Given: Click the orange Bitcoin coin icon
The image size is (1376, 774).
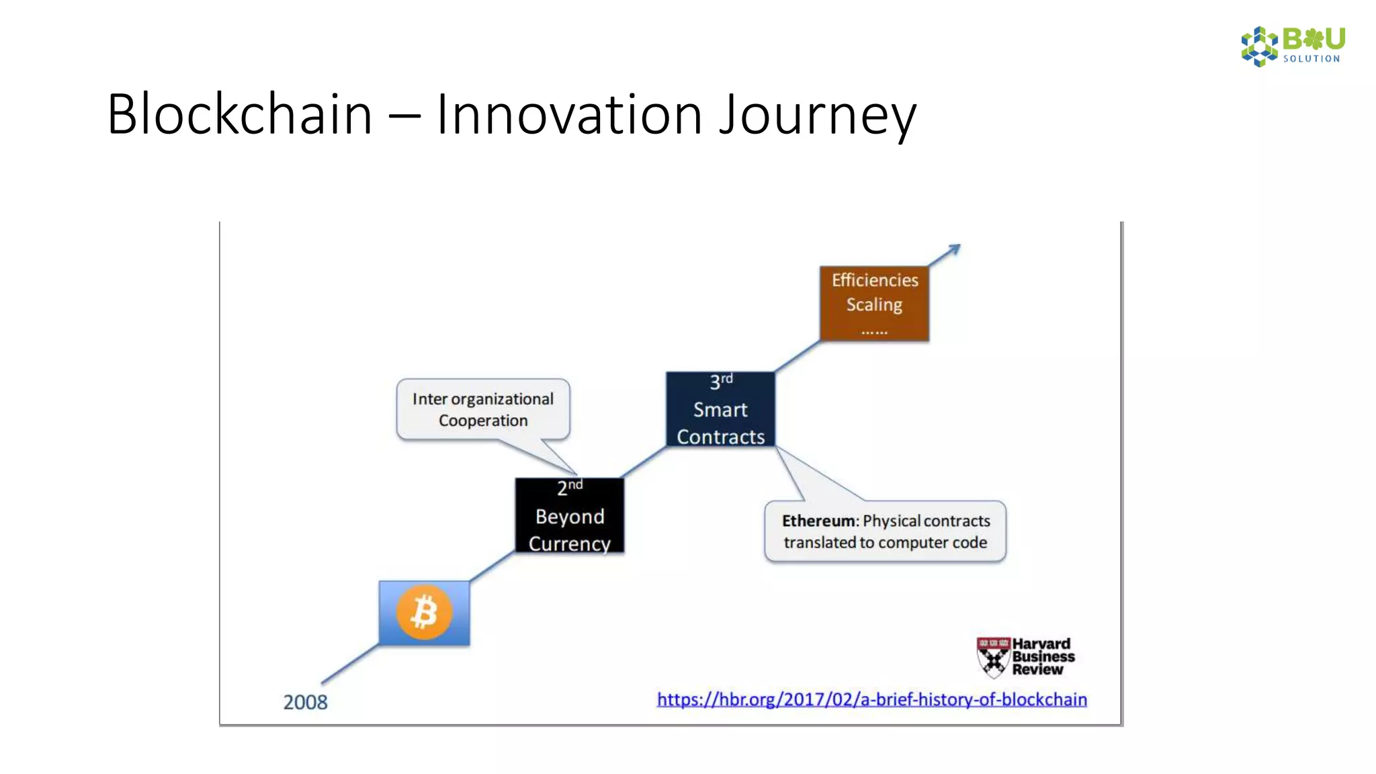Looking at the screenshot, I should (x=424, y=612).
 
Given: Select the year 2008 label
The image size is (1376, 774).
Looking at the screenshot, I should (x=305, y=702).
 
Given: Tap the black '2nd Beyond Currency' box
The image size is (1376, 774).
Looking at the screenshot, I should (x=569, y=515).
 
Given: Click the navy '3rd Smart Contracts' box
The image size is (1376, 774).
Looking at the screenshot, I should (x=720, y=409).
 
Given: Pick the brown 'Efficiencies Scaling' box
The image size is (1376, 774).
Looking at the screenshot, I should (x=874, y=304).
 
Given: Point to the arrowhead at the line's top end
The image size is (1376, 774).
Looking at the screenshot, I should (x=955, y=250).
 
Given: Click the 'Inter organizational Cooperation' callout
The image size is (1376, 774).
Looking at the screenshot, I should (x=482, y=409).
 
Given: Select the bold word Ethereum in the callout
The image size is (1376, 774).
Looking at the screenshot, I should (x=818, y=521).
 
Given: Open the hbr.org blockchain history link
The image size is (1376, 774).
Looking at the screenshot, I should (x=871, y=699).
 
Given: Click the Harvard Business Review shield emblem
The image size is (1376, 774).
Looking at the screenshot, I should (x=993, y=657).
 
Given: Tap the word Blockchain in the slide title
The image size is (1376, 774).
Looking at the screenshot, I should (x=239, y=114).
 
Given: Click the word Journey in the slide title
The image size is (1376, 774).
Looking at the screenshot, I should (x=817, y=114).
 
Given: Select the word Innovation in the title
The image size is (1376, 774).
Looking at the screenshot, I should (x=569, y=114).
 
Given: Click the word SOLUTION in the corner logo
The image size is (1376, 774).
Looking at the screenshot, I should (x=1311, y=59).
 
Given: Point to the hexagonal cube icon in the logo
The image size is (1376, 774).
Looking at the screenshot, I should (x=1259, y=46).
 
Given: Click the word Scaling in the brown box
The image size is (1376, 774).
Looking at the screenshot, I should (x=874, y=305).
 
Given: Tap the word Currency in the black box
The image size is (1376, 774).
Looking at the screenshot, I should (x=569, y=543).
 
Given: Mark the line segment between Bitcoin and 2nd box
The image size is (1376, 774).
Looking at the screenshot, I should (x=492, y=566).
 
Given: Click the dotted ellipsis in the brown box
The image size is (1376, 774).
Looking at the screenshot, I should (x=874, y=332).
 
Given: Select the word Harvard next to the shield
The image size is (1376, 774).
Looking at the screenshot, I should (x=1041, y=644).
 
